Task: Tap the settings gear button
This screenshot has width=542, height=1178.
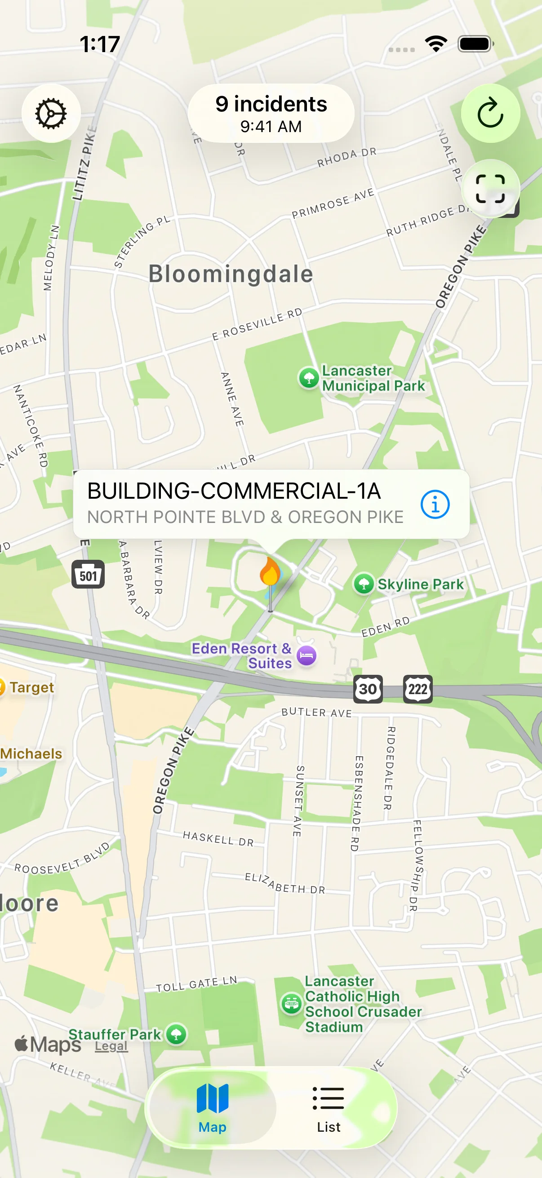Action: click(51, 113)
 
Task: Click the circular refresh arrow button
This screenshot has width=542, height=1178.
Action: click(490, 113)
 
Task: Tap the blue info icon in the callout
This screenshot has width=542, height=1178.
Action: click(435, 505)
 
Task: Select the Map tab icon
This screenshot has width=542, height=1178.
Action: click(212, 1100)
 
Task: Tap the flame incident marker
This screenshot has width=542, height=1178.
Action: click(270, 571)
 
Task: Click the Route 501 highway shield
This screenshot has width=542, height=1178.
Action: click(88, 575)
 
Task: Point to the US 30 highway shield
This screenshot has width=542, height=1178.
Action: click(368, 689)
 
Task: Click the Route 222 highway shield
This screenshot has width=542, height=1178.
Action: click(417, 689)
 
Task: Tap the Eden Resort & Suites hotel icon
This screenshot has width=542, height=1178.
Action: click(307, 656)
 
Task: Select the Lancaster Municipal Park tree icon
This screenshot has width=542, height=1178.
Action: click(309, 378)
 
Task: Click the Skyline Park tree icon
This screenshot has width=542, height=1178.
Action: click(364, 584)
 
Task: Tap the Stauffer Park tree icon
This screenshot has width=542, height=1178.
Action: click(176, 1034)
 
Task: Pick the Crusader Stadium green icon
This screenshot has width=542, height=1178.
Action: click(291, 1004)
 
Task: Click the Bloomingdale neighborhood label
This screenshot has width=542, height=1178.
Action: click(231, 274)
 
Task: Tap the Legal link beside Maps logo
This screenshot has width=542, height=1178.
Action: click(111, 1046)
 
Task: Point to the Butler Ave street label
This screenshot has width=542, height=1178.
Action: click(316, 712)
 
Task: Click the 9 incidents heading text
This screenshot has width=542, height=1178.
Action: click(271, 104)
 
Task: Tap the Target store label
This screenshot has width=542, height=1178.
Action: click(31, 687)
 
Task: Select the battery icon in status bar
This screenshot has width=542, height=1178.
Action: click(475, 44)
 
